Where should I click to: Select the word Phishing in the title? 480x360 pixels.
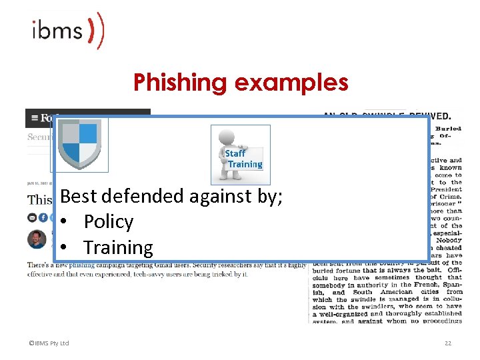181,83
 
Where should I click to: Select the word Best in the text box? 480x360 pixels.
79,196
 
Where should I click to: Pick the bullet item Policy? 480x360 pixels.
108,222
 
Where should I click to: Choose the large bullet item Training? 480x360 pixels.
118,247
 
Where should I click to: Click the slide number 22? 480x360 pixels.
447,343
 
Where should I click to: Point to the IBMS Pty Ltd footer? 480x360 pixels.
49,343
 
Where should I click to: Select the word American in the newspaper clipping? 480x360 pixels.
396,292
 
